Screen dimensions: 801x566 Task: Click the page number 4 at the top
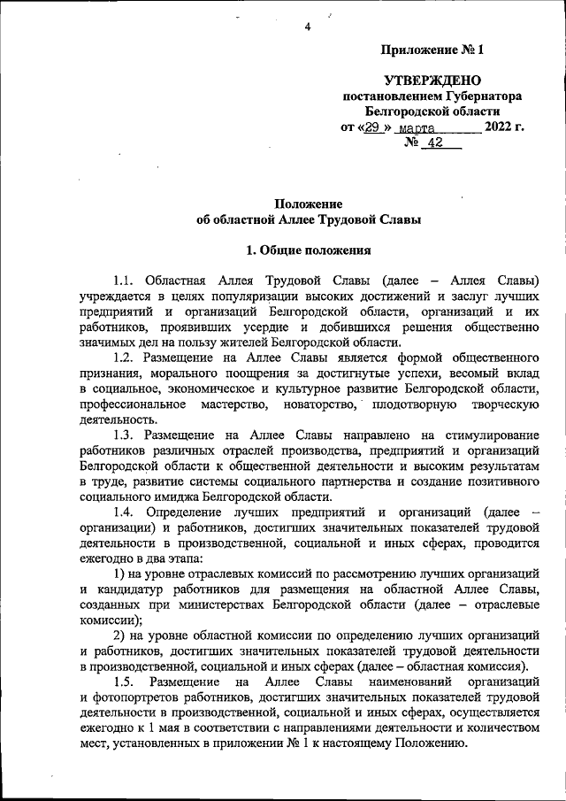[x=308, y=27]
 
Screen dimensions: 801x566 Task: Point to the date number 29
[x=374, y=127]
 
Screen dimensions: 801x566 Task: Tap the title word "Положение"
[x=308, y=205]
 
